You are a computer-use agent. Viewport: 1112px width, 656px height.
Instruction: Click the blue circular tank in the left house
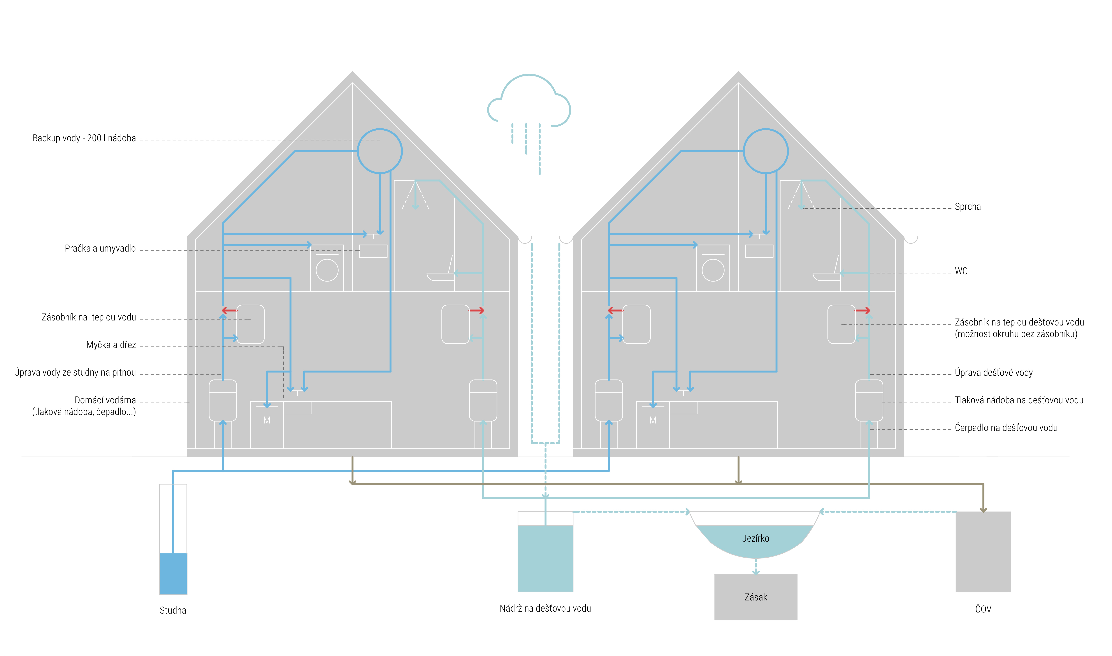(x=380, y=129)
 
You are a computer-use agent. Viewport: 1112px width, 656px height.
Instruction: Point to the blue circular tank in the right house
(x=766, y=129)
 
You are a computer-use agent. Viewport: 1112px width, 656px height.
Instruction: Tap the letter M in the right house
(x=653, y=420)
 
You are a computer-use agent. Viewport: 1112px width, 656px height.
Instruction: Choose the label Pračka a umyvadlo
(x=100, y=248)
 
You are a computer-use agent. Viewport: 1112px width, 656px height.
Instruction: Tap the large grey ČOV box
(x=983, y=552)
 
